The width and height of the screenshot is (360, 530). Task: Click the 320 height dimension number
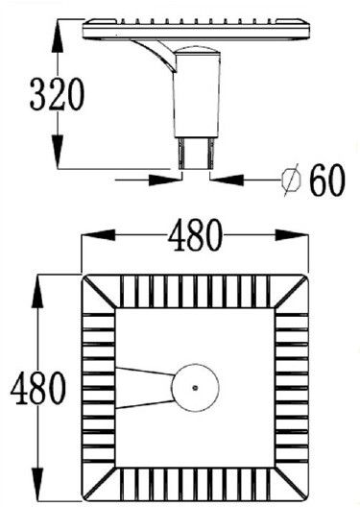click(57, 94)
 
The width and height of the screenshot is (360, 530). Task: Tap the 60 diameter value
click(327, 181)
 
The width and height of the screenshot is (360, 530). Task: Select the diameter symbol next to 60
click(292, 180)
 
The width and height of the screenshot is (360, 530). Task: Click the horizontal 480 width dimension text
click(196, 235)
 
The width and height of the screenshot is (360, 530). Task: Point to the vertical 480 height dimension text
click(37, 388)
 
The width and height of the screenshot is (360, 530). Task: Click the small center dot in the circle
click(195, 388)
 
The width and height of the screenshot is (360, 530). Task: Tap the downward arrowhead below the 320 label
click(58, 151)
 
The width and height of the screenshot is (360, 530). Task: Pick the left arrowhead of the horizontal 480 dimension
click(98, 235)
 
